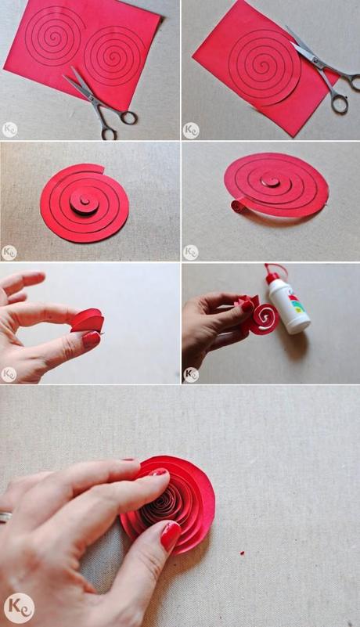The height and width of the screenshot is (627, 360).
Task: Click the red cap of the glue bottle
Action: [272, 276]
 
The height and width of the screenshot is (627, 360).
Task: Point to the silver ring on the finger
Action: [5, 517]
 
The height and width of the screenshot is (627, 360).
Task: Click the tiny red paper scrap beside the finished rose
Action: [243, 553]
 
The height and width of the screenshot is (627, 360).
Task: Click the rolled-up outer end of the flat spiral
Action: [237, 206]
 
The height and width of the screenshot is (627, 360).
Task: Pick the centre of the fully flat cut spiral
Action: [83, 201]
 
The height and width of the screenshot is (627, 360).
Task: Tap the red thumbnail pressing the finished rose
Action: [171, 536]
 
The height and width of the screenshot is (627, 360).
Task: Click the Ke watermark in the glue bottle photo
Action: [190, 374]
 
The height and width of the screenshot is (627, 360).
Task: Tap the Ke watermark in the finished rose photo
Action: [18, 607]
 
